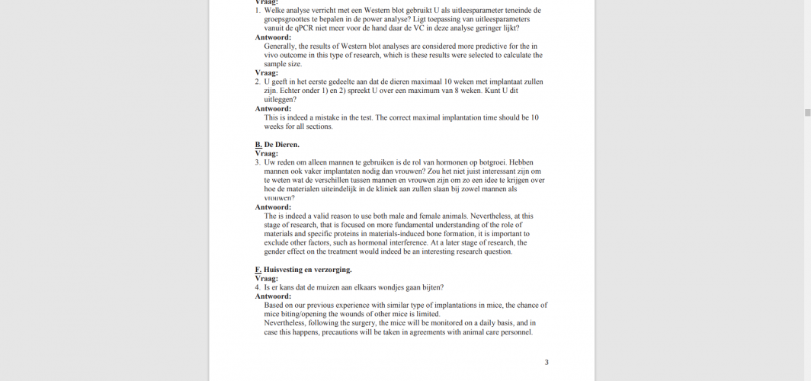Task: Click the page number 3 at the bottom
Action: (546, 362)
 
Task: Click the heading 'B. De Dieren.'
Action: (277, 144)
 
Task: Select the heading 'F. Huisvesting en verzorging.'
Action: (303, 270)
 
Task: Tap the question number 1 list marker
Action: (258, 11)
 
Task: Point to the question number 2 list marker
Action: (258, 82)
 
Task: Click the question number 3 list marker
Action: (258, 162)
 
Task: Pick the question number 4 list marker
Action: (258, 287)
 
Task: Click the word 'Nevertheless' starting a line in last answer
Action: (287, 323)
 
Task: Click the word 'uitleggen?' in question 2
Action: (280, 100)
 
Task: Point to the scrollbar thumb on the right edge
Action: (807, 112)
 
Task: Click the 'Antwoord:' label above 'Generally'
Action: (272, 37)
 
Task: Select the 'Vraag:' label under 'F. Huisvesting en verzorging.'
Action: (266, 279)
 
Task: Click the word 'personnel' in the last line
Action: (515, 332)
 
